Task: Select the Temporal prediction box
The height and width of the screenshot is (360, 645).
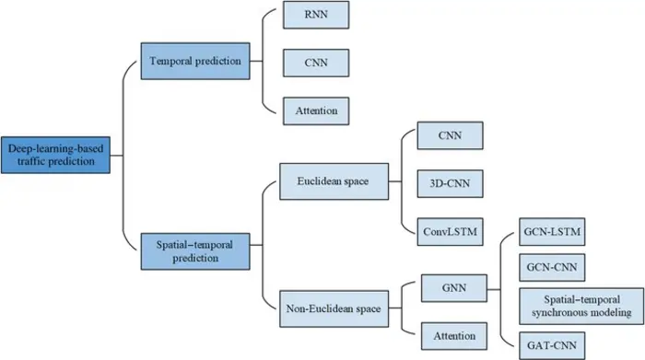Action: (x=194, y=61)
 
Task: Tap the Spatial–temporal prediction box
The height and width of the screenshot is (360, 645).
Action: (x=194, y=250)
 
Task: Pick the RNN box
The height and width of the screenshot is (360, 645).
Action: (x=316, y=17)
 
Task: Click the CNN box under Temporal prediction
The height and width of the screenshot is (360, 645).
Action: (x=316, y=63)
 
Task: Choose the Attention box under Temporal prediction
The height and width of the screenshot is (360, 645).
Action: (x=316, y=110)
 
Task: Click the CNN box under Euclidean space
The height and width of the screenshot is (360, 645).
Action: (x=450, y=136)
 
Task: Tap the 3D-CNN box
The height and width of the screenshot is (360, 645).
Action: (x=450, y=182)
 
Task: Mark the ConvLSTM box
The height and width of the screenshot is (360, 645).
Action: (x=450, y=228)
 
